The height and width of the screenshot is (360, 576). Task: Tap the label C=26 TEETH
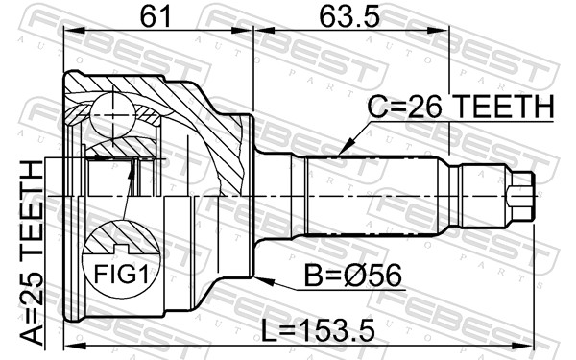tap(462, 109)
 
